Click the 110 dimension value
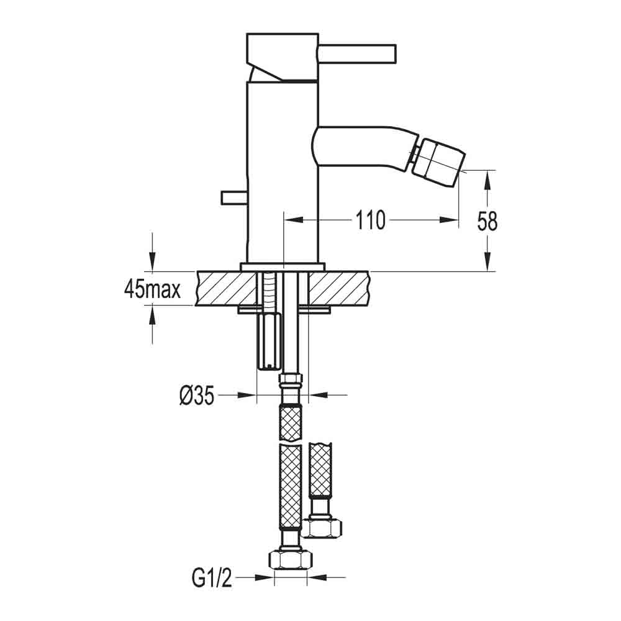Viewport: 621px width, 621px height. [370, 220]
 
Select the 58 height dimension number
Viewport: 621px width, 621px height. [487, 220]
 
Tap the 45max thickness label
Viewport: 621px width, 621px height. [152, 289]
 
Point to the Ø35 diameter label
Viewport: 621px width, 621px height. [197, 395]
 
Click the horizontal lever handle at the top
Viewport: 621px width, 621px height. [357, 53]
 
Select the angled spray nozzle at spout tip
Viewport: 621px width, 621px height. [438, 159]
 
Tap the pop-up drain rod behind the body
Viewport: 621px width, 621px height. [233, 197]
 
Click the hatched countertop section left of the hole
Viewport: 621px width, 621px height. [226, 289]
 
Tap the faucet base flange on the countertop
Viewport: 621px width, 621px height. [283, 266]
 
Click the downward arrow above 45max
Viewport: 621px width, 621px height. [152, 261]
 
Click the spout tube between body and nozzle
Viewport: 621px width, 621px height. [360, 148]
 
